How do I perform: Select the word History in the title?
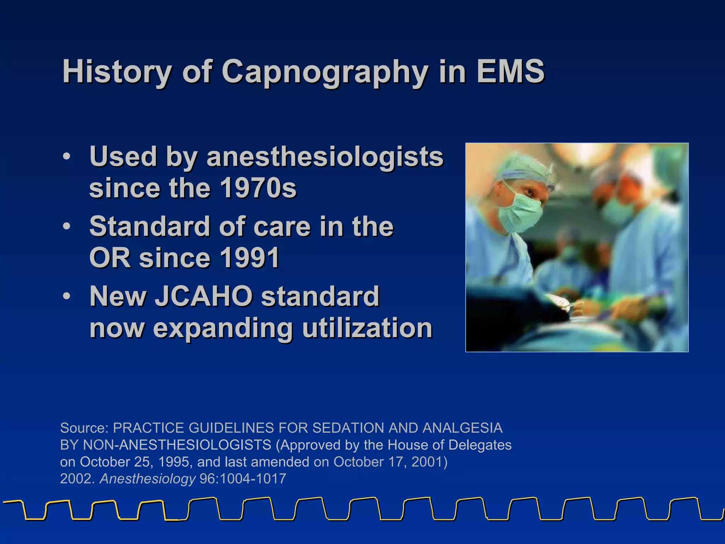click(x=117, y=72)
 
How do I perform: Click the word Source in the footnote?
click(x=84, y=428)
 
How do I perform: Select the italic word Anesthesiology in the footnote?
click(x=148, y=479)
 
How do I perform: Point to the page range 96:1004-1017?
click(x=243, y=479)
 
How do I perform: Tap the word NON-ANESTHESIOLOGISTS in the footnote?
click(x=177, y=445)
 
